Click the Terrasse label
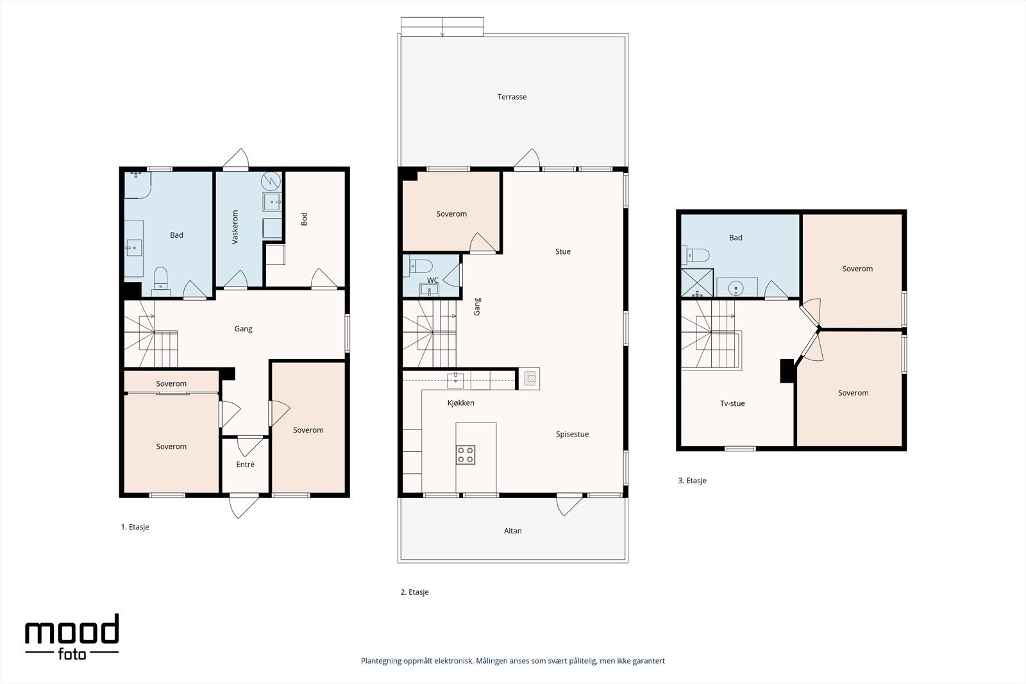click(x=512, y=97)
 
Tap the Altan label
click(x=512, y=531)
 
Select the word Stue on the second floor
click(x=562, y=252)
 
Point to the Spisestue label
click(x=572, y=435)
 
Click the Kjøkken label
click(x=461, y=403)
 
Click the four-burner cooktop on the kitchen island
click(x=466, y=455)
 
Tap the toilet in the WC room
click(x=421, y=266)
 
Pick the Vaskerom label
click(x=235, y=227)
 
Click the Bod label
click(x=304, y=219)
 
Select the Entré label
click(x=245, y=465)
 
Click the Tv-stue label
click(x=732, y=404)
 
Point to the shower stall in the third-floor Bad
click(x=697, y=283)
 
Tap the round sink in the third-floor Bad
click(x=736, y=288)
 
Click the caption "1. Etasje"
click(x=135, y=528)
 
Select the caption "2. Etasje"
click(x=414, y=592)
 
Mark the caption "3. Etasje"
click(x=692, y=481)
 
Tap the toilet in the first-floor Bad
click(x=161, y=280)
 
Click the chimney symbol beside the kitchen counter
click(x=530, y=379)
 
